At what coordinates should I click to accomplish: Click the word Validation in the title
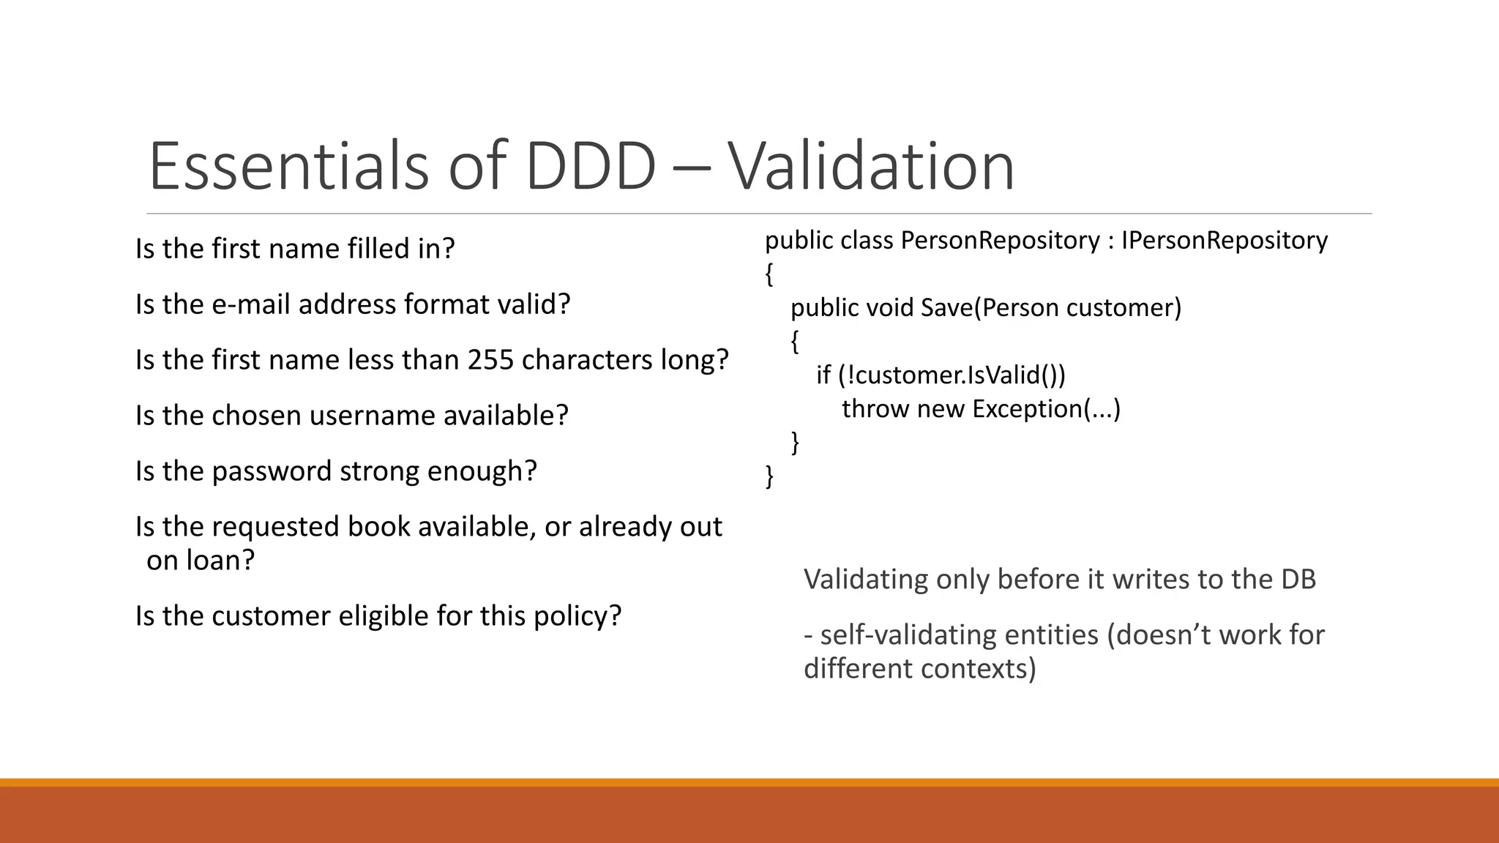(871, 166)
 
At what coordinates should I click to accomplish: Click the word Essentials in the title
(288, 166)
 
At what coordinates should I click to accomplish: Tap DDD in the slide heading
(591, 166)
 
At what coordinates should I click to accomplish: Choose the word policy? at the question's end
(577, 616)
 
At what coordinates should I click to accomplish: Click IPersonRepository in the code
(1224, 240)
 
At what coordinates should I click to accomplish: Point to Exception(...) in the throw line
(1046, 408)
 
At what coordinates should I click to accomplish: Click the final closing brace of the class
(769, 476)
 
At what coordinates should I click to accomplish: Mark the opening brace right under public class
(769, 274)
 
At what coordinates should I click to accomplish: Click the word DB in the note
(1298, 580)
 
